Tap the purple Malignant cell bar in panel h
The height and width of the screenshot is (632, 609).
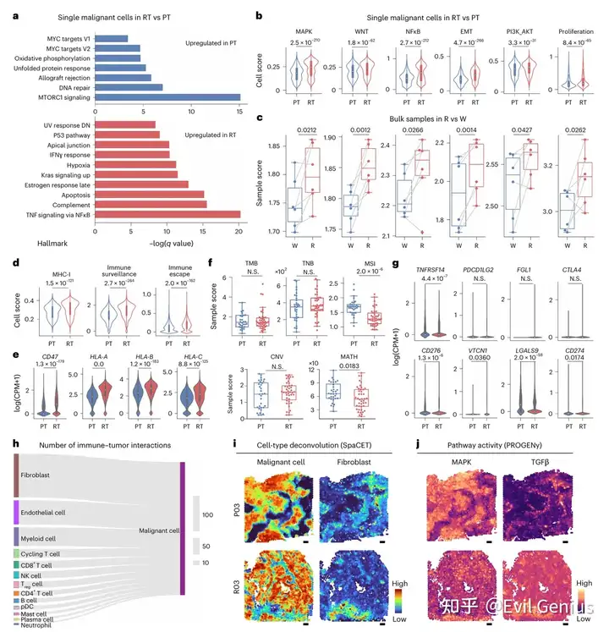click(183, 530)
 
